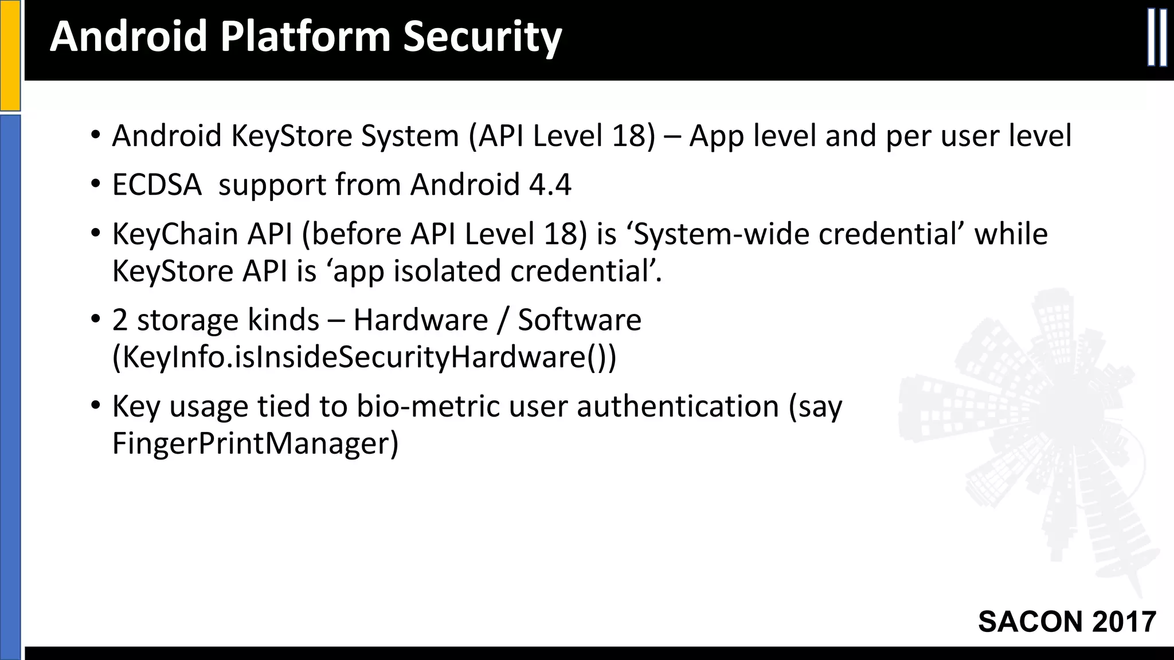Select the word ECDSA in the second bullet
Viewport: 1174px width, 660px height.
[156, 185]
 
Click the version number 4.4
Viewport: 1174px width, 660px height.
[550, 185]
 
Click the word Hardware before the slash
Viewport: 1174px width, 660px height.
[420, 320]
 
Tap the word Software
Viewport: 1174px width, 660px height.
[580, 320]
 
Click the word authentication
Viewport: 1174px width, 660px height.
[678, 406]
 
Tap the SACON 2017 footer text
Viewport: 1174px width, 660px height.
[1067, 622]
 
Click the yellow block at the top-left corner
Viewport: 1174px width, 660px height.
[10, 55]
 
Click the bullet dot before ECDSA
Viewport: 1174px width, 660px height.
[95, 185]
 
